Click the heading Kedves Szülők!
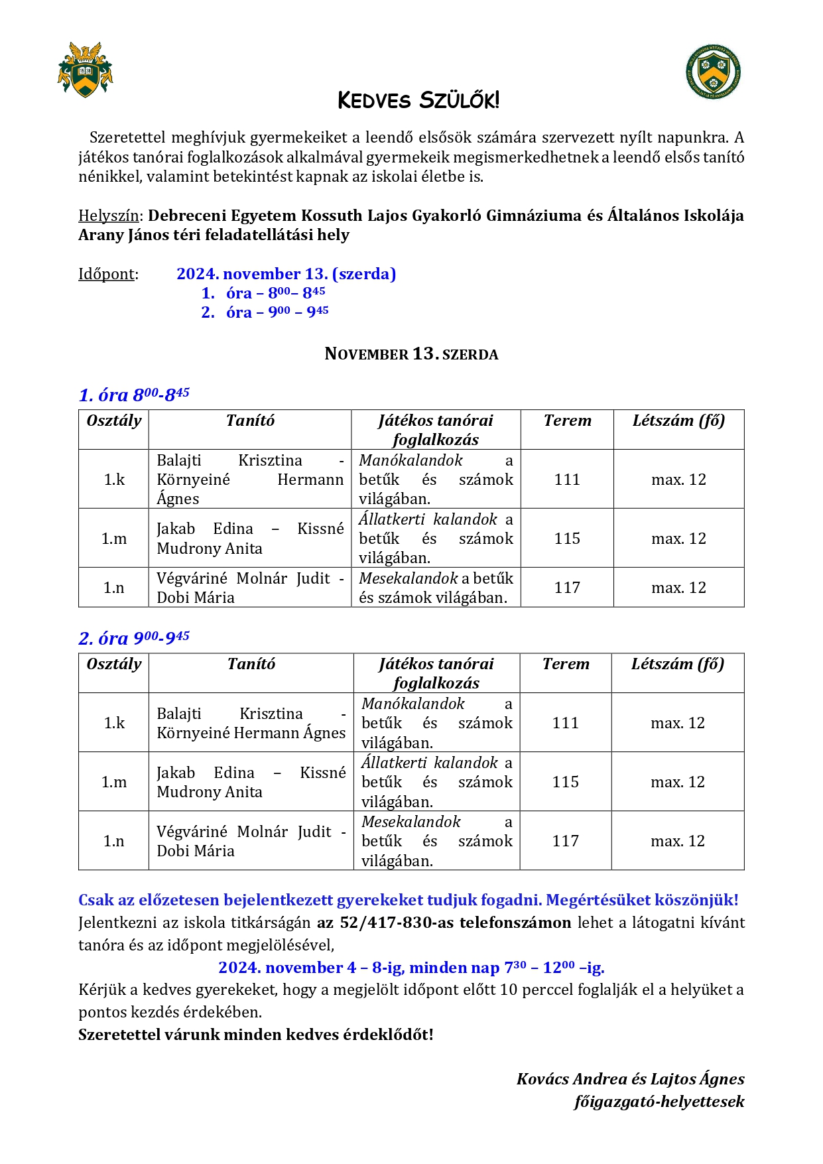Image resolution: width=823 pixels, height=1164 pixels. coord(418,100)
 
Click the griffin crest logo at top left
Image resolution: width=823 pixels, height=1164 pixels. coord(85,70)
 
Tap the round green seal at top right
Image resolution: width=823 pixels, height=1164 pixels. coord(713,72)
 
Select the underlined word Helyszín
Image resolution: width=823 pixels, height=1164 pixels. coord(108,216)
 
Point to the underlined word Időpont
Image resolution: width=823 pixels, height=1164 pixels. coord(107,274)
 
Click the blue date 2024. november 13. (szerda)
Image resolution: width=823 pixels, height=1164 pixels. coord(286,274)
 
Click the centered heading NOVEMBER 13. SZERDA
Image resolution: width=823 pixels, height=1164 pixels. coord(411,354)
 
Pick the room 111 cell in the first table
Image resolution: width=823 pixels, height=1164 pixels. coord(567,480)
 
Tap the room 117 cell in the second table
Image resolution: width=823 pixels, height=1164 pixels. coord(565,841)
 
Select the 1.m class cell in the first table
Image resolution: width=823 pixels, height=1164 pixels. coord(114,539)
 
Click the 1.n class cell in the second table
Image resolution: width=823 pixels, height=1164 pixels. coord(114,841)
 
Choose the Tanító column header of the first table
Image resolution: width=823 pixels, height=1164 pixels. coord(250,420)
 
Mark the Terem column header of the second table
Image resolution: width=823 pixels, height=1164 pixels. coord(566,664)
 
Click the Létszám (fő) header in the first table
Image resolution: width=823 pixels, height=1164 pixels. coord(678,420)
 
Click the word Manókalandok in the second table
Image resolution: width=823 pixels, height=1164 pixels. coord(413,704)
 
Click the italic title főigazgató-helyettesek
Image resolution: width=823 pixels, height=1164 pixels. coord(659,1102)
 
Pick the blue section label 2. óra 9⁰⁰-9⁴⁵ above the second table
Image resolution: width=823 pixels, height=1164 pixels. coord(134,638)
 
